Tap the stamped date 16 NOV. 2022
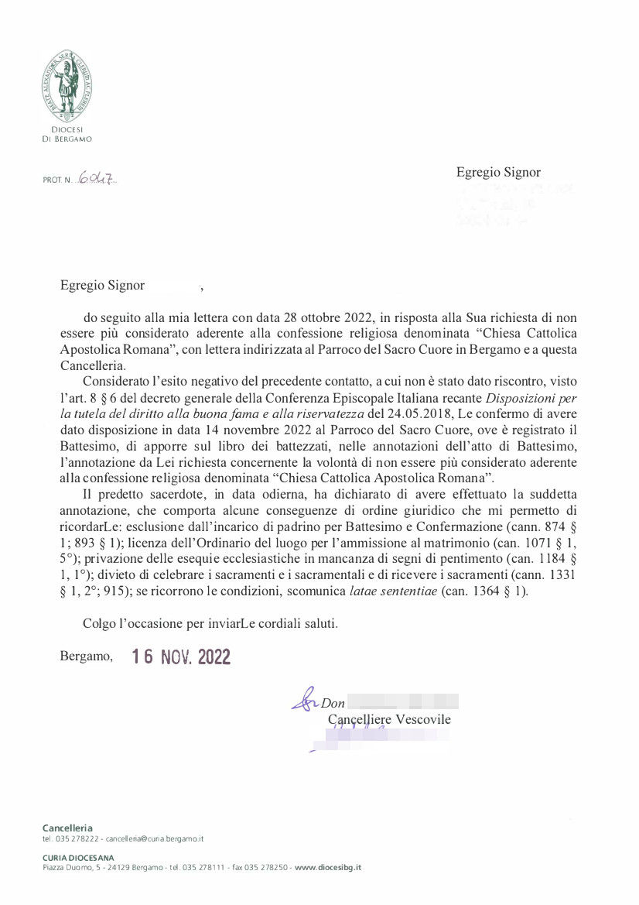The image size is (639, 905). click(x=181, y=656)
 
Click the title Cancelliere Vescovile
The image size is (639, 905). click(x=389, y=719)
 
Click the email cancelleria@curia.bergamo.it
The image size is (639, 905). click(x=155, y=838)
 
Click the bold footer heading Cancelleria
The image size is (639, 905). click(x=67, y=828)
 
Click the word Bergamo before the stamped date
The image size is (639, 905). click(x=86, y=656)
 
